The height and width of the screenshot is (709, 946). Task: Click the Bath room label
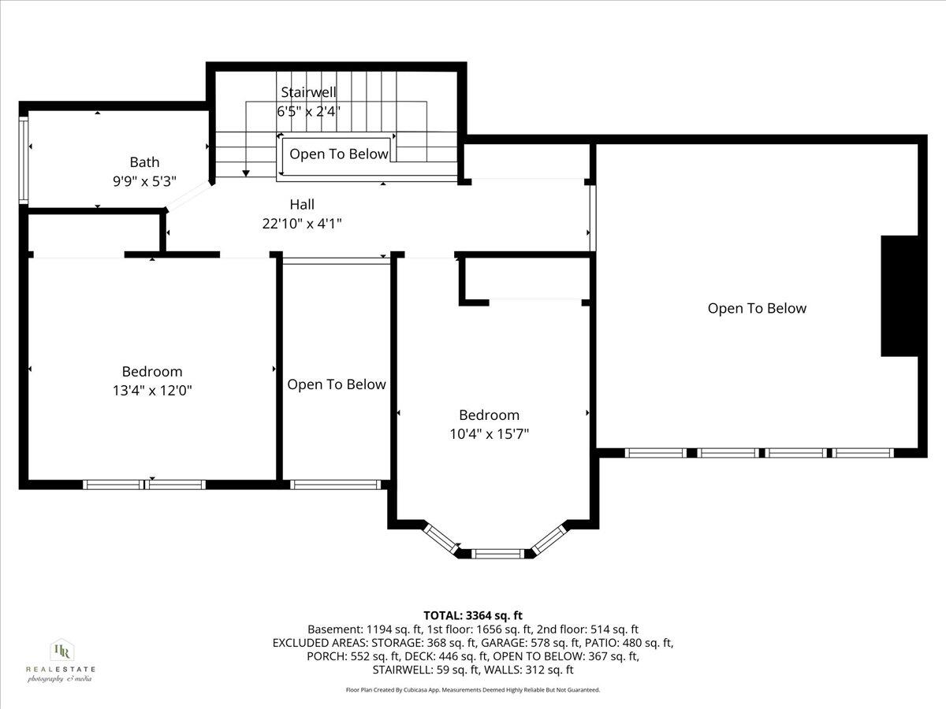(144, 162)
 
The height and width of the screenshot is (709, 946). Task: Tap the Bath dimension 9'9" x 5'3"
(144, 180)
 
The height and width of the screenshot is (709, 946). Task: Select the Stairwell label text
(308, 92)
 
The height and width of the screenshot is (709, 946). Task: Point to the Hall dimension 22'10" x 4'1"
(302, 224)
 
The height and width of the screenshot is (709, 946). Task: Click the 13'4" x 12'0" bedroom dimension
(152, 390)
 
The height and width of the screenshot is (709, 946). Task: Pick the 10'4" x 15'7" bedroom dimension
(490, 433)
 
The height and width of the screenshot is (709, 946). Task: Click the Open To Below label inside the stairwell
(339, 154)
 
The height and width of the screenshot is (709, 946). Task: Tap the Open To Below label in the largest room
(757, 308)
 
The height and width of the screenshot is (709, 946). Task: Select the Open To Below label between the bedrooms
(337, 384)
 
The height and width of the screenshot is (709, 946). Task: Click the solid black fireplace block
(899, 295)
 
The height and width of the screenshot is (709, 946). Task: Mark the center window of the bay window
(495, 555)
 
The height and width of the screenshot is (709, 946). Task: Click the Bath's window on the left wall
(24, 161)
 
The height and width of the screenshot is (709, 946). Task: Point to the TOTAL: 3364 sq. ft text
(473, 615)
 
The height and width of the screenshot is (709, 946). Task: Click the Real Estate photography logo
(60, 660)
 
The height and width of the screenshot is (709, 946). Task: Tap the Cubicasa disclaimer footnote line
(473, 689)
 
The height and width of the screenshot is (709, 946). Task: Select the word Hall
(302, 205)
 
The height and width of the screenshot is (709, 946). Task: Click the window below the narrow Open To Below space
(336, 484)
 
